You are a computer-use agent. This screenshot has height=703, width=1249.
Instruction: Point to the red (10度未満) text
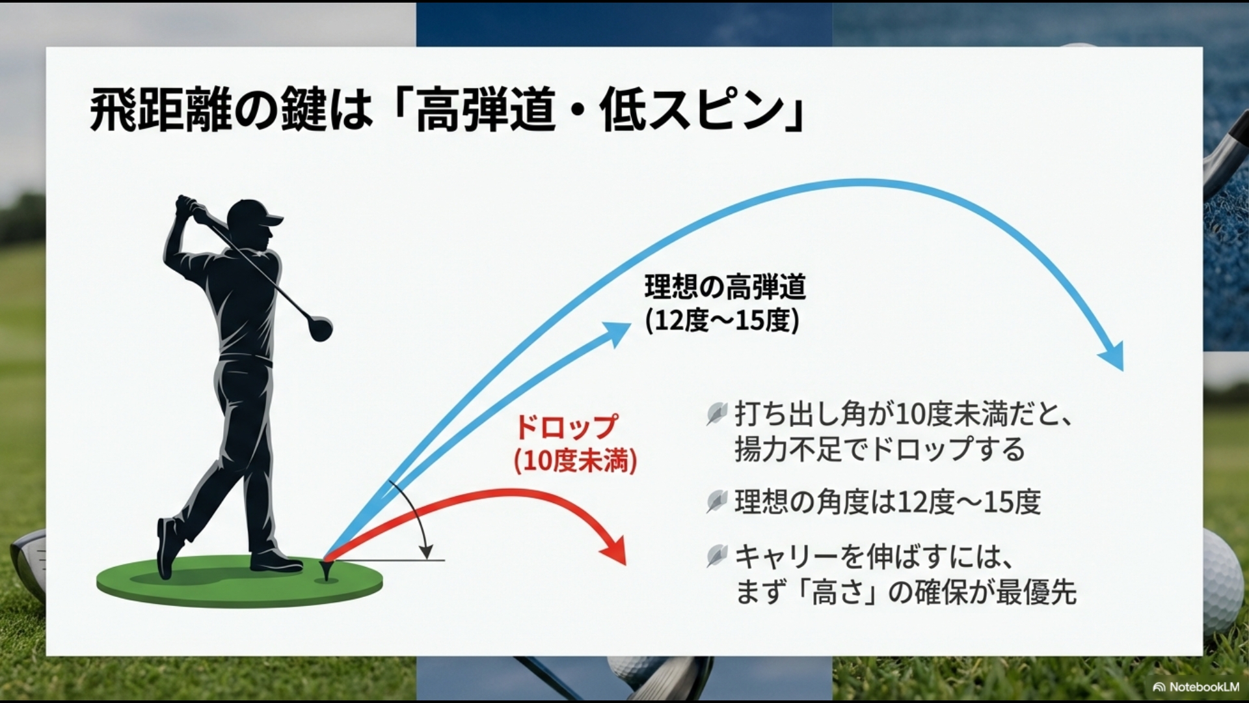tap(575, 462)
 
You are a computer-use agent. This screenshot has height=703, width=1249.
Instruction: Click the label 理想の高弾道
tap(725, 287)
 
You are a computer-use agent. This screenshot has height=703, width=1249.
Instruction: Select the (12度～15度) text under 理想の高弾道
tap(722, 321)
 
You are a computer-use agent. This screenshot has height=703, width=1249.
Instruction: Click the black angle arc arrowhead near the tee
tap(426, 552)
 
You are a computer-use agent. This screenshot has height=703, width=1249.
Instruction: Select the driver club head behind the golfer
tap(320, 329)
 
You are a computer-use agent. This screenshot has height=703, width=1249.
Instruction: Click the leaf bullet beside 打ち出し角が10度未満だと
tap(716, 414)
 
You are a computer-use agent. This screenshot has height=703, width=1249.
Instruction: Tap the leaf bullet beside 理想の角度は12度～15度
tap(716, 501)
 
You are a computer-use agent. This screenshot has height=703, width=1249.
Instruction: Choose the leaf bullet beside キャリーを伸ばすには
tap(716, 556)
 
